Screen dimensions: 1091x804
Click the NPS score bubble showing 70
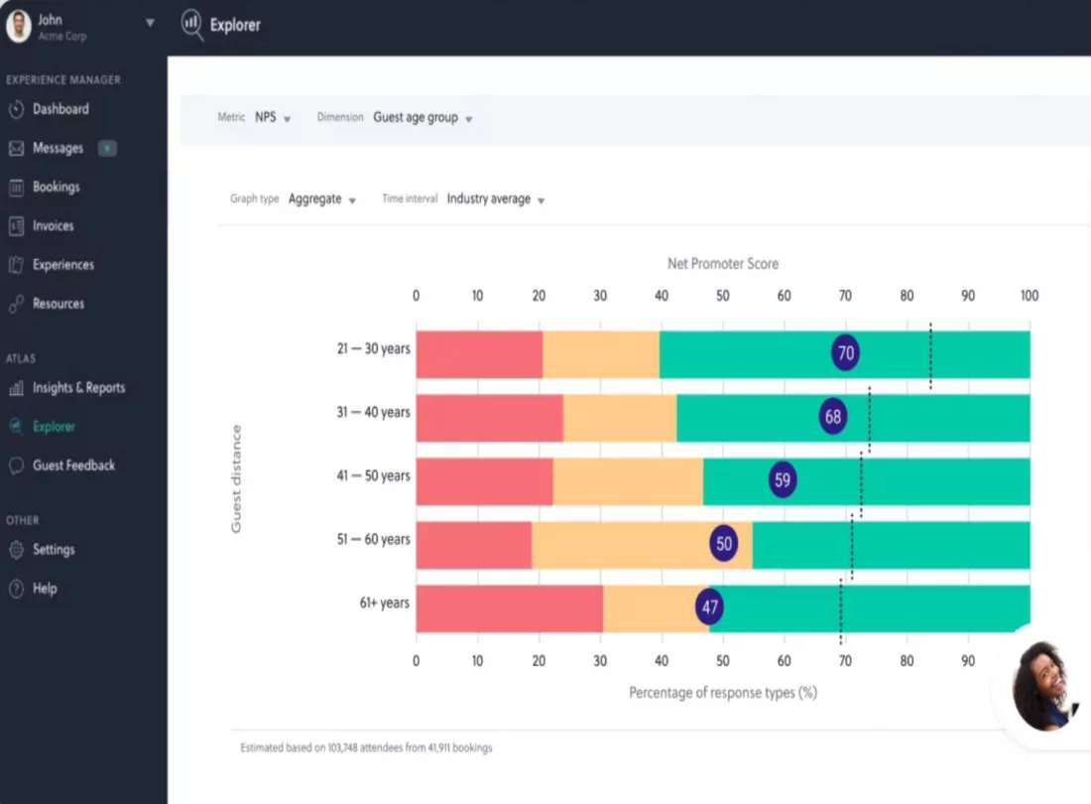(x=845, y=352)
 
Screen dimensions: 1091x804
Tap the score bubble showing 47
(x=710, y=607)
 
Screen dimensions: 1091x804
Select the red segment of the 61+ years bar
(x=510, y=608)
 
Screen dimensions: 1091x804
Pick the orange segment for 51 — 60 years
(x=642, y=545)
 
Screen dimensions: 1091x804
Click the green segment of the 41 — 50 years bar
(x=866, y=481)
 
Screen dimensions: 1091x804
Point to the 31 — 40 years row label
(x=374, y=412)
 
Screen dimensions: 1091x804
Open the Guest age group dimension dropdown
(x=423, y=118)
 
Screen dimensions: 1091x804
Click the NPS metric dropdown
(x=273, y=118)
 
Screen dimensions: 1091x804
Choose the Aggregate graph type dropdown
(x=322, y=200)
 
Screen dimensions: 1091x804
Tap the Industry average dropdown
(x=495, y=200)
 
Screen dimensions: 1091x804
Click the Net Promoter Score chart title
(x=723, y=264)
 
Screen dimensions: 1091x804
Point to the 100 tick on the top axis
(x=1030, y=296)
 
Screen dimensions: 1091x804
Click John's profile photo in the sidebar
(x=19, y=26)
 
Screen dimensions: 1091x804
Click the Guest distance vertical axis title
(x=237, y=478)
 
